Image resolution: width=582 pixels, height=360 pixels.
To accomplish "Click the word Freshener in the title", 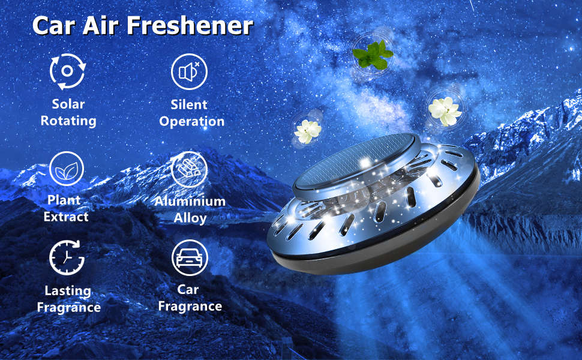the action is click(190, 26).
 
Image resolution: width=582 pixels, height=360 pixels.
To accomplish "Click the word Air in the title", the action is click(100, 26).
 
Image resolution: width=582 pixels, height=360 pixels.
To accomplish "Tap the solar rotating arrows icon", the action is click(68, 71).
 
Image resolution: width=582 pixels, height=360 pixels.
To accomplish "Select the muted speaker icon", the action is click(189, 71).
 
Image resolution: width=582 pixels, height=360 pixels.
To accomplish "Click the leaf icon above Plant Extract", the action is click(67, 169).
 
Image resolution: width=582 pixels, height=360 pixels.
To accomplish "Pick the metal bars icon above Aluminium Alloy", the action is click(189, 169).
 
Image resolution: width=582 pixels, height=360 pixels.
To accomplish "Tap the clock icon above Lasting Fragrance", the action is click(67, 257).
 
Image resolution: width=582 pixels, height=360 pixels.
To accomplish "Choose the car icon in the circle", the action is click(189, 257).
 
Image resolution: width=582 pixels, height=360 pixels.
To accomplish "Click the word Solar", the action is click(68, 104).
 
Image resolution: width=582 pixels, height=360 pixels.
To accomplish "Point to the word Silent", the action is click(189, 104).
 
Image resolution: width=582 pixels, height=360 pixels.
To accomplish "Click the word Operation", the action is click(192, 121).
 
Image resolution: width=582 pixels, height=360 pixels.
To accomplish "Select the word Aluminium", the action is click(190, 201).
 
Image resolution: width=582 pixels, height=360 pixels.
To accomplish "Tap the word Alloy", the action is click(190, 218).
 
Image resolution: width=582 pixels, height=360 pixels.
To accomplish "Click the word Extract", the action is click(66, 217).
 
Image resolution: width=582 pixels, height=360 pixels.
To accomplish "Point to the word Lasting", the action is click(68, 290).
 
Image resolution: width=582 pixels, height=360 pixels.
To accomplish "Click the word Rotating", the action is click(68, 121).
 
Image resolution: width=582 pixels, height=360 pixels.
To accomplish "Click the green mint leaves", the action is click(373, 55).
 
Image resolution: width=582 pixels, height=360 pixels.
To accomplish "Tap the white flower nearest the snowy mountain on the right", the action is click(445, 111).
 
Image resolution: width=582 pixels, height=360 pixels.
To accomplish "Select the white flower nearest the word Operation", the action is click(307, 131).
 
